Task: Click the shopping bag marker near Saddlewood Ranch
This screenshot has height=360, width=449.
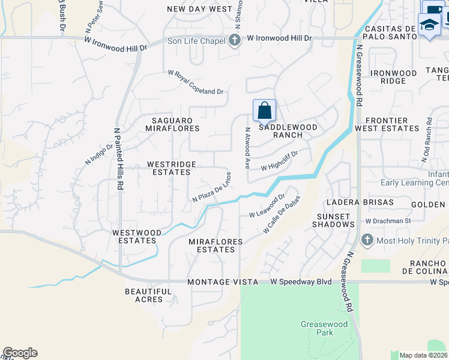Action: coord(264,111)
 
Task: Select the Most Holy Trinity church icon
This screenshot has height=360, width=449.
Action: coord(368,241)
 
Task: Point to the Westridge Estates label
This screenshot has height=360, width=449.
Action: coord(169,168)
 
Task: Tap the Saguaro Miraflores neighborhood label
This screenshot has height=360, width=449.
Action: coord(172,124)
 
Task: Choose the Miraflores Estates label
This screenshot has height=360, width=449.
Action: coord(215,245)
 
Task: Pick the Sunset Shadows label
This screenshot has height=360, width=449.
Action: coord(333,220)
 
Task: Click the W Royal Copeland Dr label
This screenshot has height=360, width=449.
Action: coord(196,82)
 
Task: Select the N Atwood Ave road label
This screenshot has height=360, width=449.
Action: coord(247,147)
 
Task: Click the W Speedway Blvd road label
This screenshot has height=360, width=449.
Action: coord(300,281)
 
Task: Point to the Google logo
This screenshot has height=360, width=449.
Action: coord(20,353)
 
